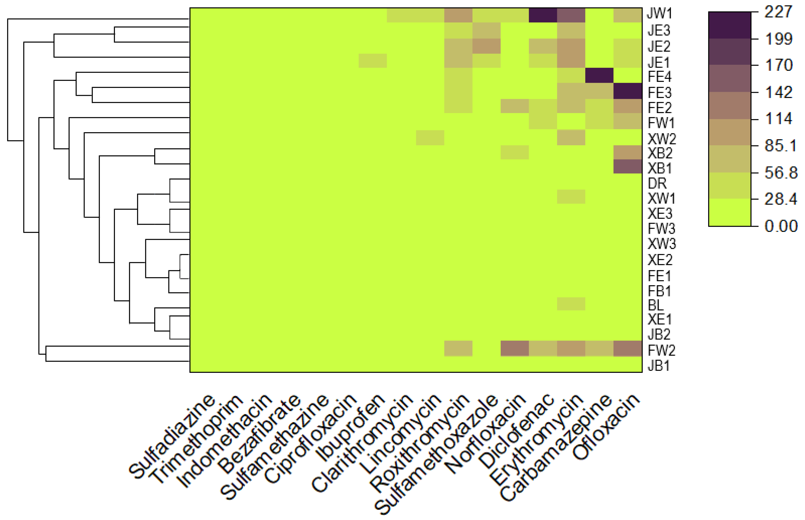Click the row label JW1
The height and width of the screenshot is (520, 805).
pos(660,14)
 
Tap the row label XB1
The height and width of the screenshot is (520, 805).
pos(660,168)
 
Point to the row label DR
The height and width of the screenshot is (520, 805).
pos(657,183)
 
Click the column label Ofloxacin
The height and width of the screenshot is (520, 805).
pos(606,427)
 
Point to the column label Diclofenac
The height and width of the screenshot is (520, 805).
pos(516,432)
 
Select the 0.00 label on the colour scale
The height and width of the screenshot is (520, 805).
pos(781,226)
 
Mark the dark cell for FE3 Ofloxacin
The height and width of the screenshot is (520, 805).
pos(628,91)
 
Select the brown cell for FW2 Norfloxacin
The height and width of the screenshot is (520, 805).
pos(514,348)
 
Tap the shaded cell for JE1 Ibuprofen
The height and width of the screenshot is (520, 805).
pos(373,61)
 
